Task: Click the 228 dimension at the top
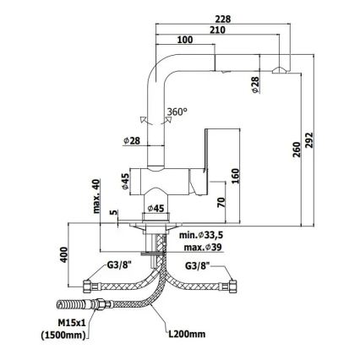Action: [223, 19]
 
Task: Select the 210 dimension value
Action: [217, 30]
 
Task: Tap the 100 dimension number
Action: [185, 40]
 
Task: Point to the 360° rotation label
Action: [177, 112]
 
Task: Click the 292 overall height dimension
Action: [309, 139]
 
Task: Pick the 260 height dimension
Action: [297, 149]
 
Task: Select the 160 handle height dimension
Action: [235, 176]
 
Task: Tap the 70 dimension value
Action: [221, 203]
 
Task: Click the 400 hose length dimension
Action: [64, 254]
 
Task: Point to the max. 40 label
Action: [96, 196]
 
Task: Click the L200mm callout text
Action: [187, 334]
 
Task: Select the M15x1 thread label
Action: [72, 323]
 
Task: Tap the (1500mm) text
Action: [63, 335]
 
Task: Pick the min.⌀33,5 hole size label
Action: [203, 235]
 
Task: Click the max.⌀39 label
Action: [203, 248]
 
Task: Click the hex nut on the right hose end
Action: [232, 286]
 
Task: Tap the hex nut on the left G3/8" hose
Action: [87, 286]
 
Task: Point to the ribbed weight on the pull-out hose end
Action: [70, 305]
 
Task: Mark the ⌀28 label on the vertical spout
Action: [132, 140]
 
